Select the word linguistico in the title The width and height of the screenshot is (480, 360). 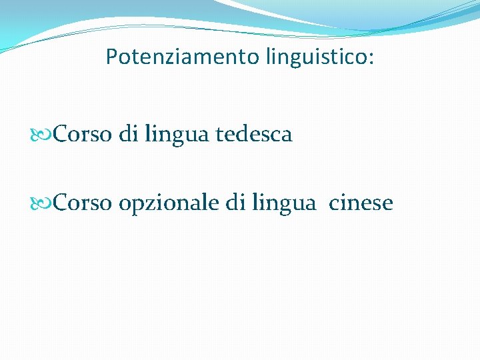[315, 57]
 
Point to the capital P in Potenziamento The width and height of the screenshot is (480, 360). [111, 57]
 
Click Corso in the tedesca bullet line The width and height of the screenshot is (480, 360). [83, 135]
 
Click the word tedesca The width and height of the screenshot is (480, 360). [254, 135]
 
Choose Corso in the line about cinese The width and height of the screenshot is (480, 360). [83, 203]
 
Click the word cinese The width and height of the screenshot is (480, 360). [361, 203]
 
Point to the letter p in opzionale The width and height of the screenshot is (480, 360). [135, 205]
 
